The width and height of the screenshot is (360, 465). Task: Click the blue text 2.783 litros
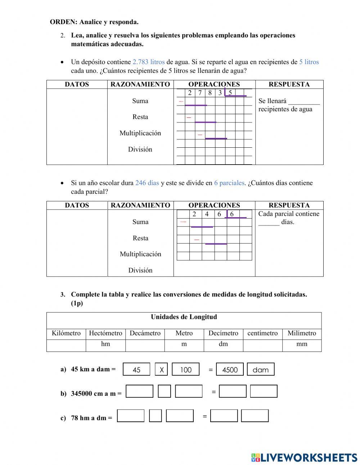click(x=148, y=62)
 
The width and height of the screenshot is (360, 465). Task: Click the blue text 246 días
click(x=147, y=183)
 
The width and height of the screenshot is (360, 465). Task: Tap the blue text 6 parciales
click(x=229, y=183)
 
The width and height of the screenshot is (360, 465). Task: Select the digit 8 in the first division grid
click(x=210, y=93)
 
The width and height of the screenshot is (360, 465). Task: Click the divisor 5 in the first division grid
click(x=230, y=93)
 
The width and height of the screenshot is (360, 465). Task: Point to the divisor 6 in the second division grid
click(x=232, y=214)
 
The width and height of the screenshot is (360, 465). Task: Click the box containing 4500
click(x=230, y=370)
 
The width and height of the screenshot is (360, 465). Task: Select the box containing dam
click(x=261, y=370)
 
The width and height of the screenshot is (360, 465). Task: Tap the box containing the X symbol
click(x=162, y=370)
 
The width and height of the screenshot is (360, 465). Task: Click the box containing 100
click(x=186, y=370)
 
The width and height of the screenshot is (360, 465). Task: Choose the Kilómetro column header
click(x=66, y=333)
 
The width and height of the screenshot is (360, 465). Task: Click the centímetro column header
click(x=262, y=333)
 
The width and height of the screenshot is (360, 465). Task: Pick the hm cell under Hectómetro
click(x=105, y=344)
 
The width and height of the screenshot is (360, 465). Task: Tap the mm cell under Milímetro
click(x=302, y=344)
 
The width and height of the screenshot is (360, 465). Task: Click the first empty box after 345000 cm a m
click(x=139, y=392)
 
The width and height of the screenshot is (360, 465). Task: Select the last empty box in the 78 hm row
click(x=255, y=416)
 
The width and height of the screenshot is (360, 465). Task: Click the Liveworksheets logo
click(x=304, y=457)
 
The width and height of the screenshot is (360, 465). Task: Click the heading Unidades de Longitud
click(x=184, y=317)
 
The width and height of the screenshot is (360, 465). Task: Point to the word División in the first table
click(x=140, y=149)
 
